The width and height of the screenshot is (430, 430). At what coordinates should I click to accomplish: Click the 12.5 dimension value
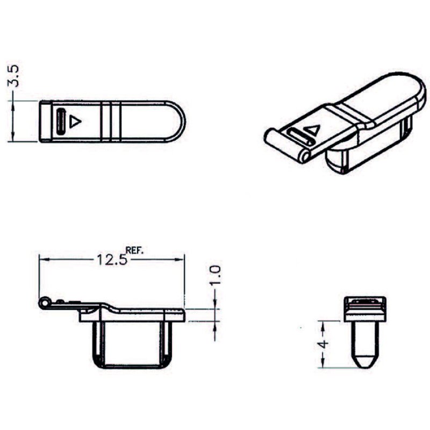click(111, 260)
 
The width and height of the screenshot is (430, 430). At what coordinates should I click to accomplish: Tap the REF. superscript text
click(135, 250)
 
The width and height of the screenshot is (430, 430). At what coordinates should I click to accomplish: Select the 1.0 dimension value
click(215, 276)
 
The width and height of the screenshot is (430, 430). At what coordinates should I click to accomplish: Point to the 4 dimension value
click(324, 344)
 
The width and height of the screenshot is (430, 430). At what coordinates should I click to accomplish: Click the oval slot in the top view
click(61, 121)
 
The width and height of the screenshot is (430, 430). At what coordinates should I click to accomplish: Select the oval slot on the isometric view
click(298, 137)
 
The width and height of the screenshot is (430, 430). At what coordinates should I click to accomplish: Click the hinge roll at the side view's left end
click(43, 304)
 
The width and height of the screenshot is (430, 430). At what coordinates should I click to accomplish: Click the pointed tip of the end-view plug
click(365, 361)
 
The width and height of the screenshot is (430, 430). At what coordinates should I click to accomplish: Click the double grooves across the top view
click(111, 121)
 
